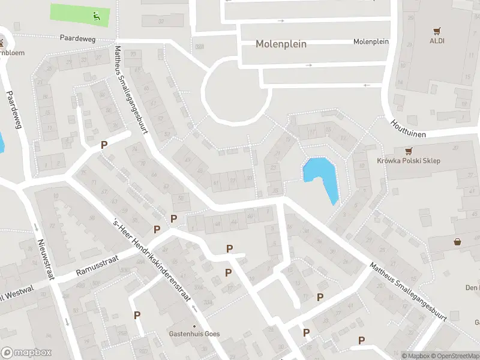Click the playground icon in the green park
[x=97, y=16]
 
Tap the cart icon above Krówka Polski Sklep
[x=409, y=151]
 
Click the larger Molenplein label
[x=281, y=44]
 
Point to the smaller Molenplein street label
[x=371, y=41]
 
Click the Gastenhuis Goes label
[x=194, y=334]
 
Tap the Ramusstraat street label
[x=97, y=265]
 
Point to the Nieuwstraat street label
[x=43, y=259]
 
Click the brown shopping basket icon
[x=458, y=242]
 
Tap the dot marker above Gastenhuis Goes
[x=194, y=326]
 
